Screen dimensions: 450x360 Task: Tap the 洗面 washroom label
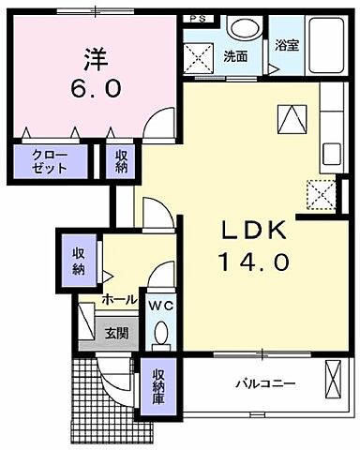pos(235,56)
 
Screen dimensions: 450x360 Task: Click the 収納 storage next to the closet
pos(122,161)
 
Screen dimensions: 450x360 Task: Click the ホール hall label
pos(119,300)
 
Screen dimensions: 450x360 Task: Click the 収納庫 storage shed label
pos(158,387)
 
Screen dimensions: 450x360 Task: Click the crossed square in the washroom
pos(200,57)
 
